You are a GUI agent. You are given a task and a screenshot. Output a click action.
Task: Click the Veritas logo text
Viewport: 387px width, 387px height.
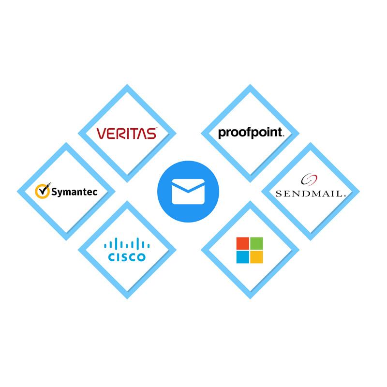pyautogui.click(x=126, y=133)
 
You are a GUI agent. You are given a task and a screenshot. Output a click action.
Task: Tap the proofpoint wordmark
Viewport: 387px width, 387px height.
pyautogui.click(x=251, y=133)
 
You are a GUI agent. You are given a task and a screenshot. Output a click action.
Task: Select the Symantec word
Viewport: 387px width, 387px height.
pyautogui.click(x=74, y=192)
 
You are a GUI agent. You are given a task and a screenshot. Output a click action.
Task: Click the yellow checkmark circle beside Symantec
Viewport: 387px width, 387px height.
pyautogui.click(x=43, y=191)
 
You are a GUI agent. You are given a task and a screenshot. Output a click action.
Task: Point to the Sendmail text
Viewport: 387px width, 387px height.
pyautogui.click(x=310, y=193)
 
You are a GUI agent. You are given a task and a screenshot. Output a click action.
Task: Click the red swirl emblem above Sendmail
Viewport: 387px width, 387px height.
pyautogui.click(x=308, y=179)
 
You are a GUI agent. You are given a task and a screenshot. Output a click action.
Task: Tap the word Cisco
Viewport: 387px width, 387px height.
pyautogui.click(x=127, y=257)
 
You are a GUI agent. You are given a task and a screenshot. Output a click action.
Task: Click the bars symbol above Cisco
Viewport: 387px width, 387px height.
pyautogui.click(x=127, y=243)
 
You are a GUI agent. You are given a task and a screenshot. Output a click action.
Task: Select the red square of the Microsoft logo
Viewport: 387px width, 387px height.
pyautogui.click(x=242, y=243)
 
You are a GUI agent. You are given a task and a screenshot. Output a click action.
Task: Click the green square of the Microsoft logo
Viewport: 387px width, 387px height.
pyautogui.click(x=257, y=243)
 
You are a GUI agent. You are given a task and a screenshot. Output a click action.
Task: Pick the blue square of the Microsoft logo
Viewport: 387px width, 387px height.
pyautogui.click(x=242, y=257)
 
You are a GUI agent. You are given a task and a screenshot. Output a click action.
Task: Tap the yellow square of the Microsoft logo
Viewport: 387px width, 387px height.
pyautogui.click(x=257, y=257)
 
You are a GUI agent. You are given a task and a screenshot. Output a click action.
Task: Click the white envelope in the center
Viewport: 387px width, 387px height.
pyautogui.click(x=188, y=192)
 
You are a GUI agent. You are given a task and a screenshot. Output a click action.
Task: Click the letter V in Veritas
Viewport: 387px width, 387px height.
pyautogui.click(x=101, y=134)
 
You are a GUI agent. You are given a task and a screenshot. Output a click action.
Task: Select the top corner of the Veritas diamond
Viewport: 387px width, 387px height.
pyautogui.click(x=127, y=87)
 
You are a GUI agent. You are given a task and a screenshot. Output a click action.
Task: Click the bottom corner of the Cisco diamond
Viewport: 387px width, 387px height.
pyautogui.click(x=127, y=297)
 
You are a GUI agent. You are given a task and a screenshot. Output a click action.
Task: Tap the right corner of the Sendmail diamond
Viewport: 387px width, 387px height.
pyautogui.click(x=357, y=192)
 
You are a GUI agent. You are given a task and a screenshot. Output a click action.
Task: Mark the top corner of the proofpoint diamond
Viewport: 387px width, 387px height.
pyautogui.click(x=250, y=87)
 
